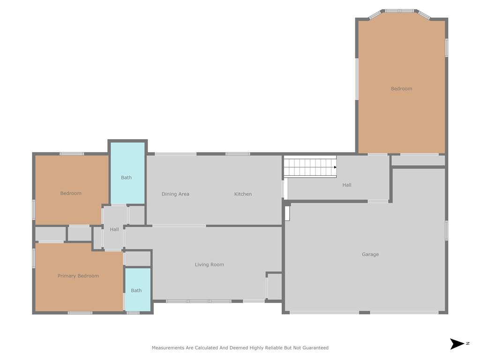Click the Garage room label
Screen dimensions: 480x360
370,255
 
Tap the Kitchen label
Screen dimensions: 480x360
243,194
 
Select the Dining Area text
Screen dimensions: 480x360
175,194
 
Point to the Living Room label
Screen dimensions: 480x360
210,264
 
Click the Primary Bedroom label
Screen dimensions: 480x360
78,276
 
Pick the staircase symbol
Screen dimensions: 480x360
310,166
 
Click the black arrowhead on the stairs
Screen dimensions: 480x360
335,167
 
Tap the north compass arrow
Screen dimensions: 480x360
457,344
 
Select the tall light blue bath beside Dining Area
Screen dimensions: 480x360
127,173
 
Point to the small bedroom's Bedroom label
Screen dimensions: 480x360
71,194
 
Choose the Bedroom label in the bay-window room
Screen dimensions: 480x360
401,89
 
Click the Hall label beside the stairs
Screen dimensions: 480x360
347,185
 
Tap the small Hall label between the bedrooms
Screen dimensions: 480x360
114,229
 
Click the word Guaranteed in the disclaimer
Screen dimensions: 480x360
315,348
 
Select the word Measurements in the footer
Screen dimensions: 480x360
168,348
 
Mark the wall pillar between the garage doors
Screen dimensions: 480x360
364,313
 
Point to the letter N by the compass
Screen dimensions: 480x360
468,344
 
